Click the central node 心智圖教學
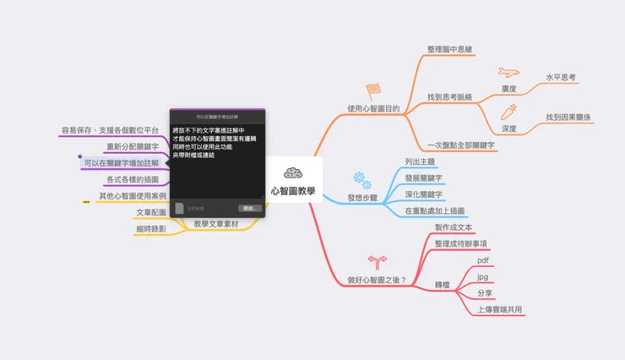tap(293, 191)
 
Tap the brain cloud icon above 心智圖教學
tap(293, 172)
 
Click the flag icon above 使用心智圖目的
tap(372, 90)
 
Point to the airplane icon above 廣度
tap(508, 72)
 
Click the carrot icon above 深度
tap(509, 112)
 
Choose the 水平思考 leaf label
tap(561, 77)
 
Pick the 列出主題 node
tap(420, 161)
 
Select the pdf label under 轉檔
tap(483, 260)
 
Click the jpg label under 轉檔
tap(482, 276)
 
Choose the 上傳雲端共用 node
tap(500, 309)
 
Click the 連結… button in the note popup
tap(248, 207)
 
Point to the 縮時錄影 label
tap(151, 228)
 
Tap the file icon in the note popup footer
tap(179, 207)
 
